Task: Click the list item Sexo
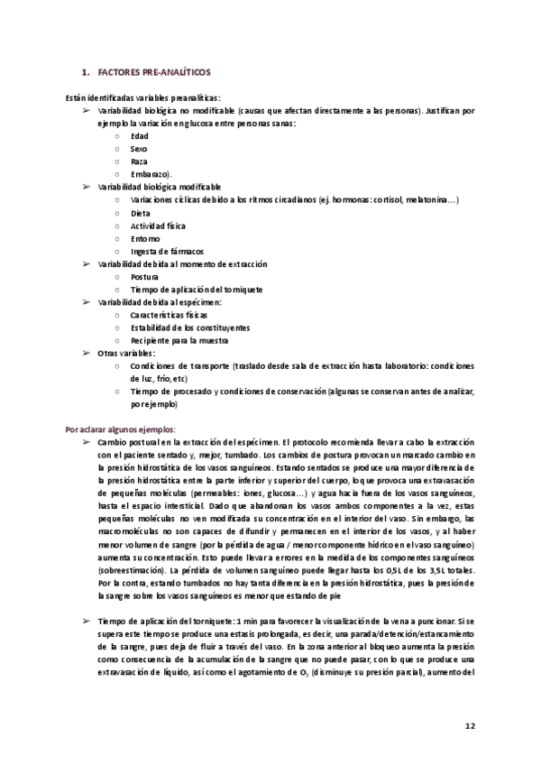[x=139, y=148]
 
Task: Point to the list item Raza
[x=139, y=161]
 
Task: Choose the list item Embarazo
[x=150, y=173]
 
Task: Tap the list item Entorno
[x=145, y=238]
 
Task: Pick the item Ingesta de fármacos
[x=167, y=251]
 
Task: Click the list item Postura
[x=144, y=276]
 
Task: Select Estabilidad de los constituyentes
[x=190, y=327]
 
